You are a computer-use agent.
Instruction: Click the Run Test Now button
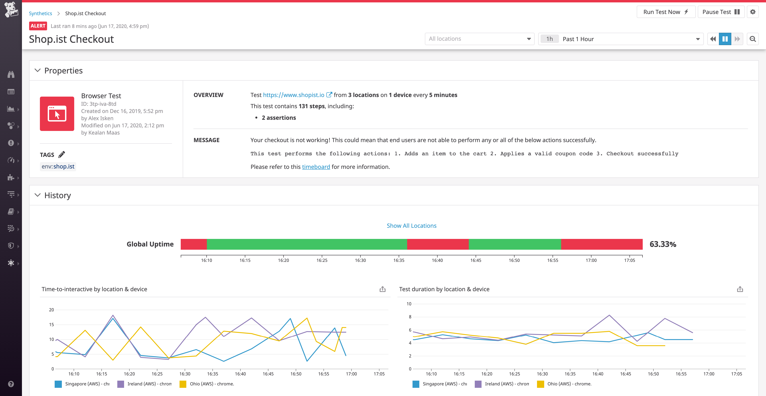pos(665,12)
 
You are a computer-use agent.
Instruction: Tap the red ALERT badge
pos(38,26)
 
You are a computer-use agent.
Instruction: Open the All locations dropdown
pos(479,39)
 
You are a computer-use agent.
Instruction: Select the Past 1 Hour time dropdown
pos(620,39)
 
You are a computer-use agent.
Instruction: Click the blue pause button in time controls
pos(725,39)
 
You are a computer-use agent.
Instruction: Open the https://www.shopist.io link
pos(293,95)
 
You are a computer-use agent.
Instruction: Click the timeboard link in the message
pos(316,167)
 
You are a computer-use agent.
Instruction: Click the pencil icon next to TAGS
pos(62,154)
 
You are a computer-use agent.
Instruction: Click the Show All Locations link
pos(411,226)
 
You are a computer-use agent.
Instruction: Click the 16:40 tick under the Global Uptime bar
pos(437,260)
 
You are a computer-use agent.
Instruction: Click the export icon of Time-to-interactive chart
pos(382,289)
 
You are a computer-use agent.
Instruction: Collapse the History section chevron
pos(38,195)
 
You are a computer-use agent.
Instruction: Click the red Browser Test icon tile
pos(57,114)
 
